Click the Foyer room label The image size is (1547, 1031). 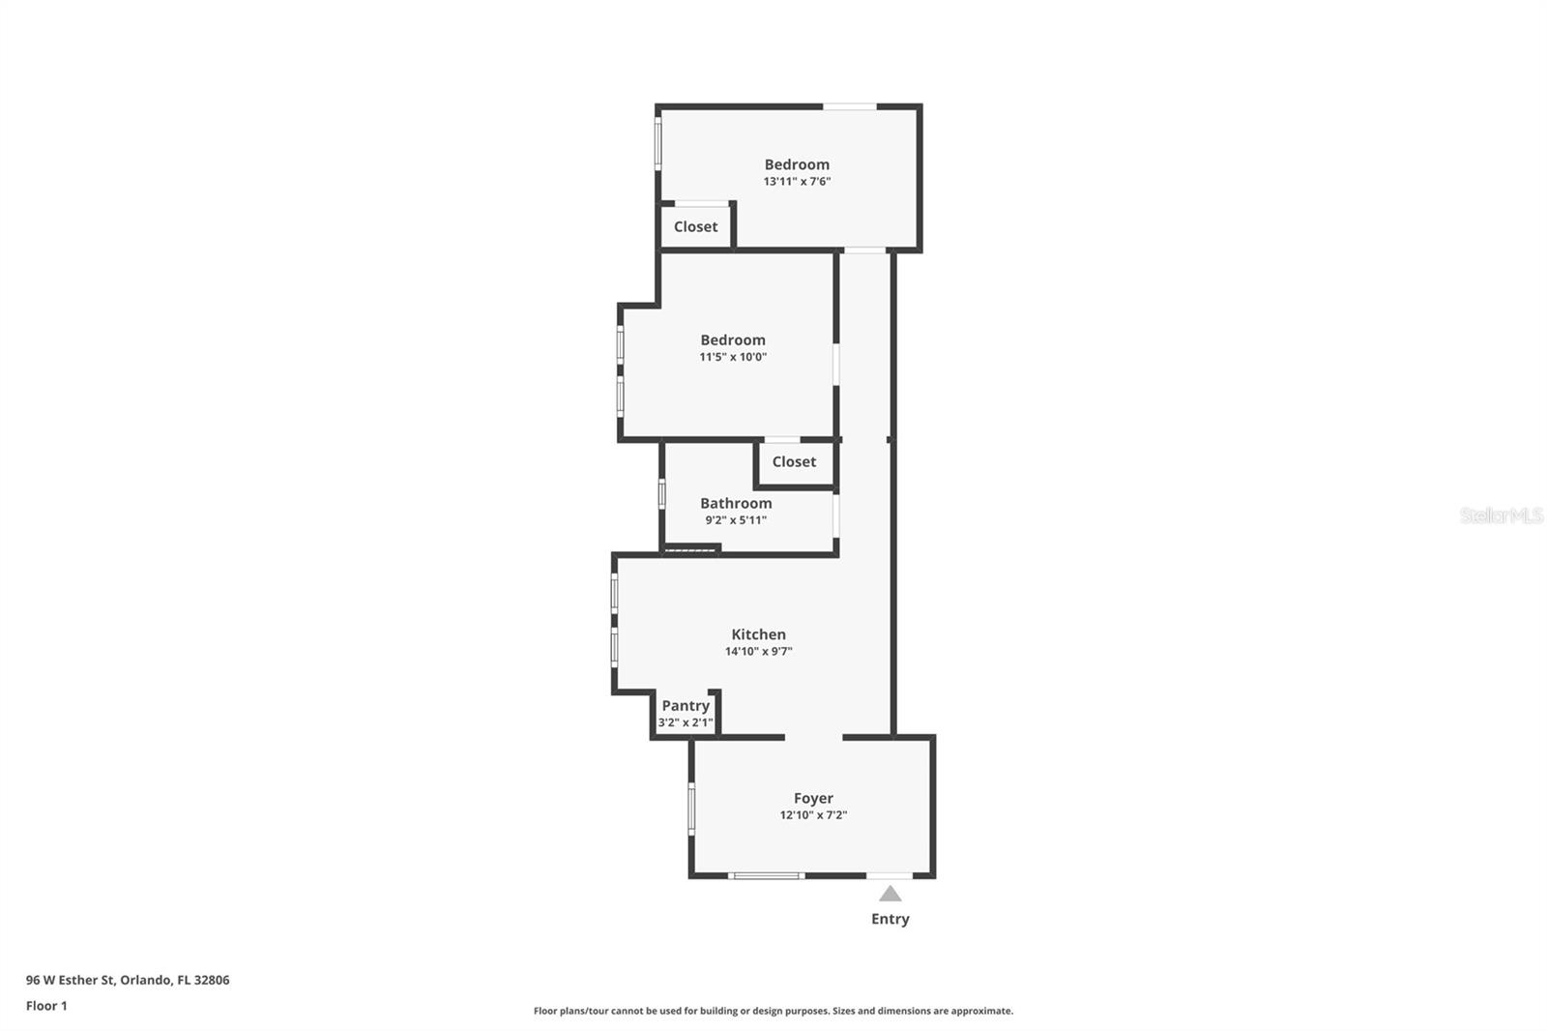click(x=813, y=798)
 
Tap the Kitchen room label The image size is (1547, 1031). click(x=758, y=634)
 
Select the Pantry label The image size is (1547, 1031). click(x=686, y=706)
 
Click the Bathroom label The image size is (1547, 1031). click(x=736, y=503)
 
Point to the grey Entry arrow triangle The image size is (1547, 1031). click(x=890, y=894)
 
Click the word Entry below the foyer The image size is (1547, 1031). click(x=890, y=919)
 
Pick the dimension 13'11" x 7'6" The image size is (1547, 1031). click(x=797, y=181)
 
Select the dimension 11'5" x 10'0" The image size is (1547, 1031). click(x=733, y=357)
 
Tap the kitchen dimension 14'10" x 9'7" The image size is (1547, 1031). click(x=758, y=652)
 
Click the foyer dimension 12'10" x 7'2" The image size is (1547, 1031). click(x=813, y=815)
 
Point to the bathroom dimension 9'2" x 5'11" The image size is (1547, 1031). click(x=736, y=520)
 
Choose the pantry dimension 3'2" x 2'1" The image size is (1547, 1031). click(x=686, y=722)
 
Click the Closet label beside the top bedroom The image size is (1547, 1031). click(x=695, y=226)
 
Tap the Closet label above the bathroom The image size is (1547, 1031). click(x=794, y=461)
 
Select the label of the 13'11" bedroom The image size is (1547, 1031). click(x=797, y=164)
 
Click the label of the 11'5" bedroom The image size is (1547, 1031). click(x=733, y=339)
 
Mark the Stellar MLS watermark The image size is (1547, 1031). click(x=1501, y=515)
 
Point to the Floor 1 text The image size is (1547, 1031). click(x=46, y=1006)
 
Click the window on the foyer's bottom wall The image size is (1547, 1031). click(x=766, y=876)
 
